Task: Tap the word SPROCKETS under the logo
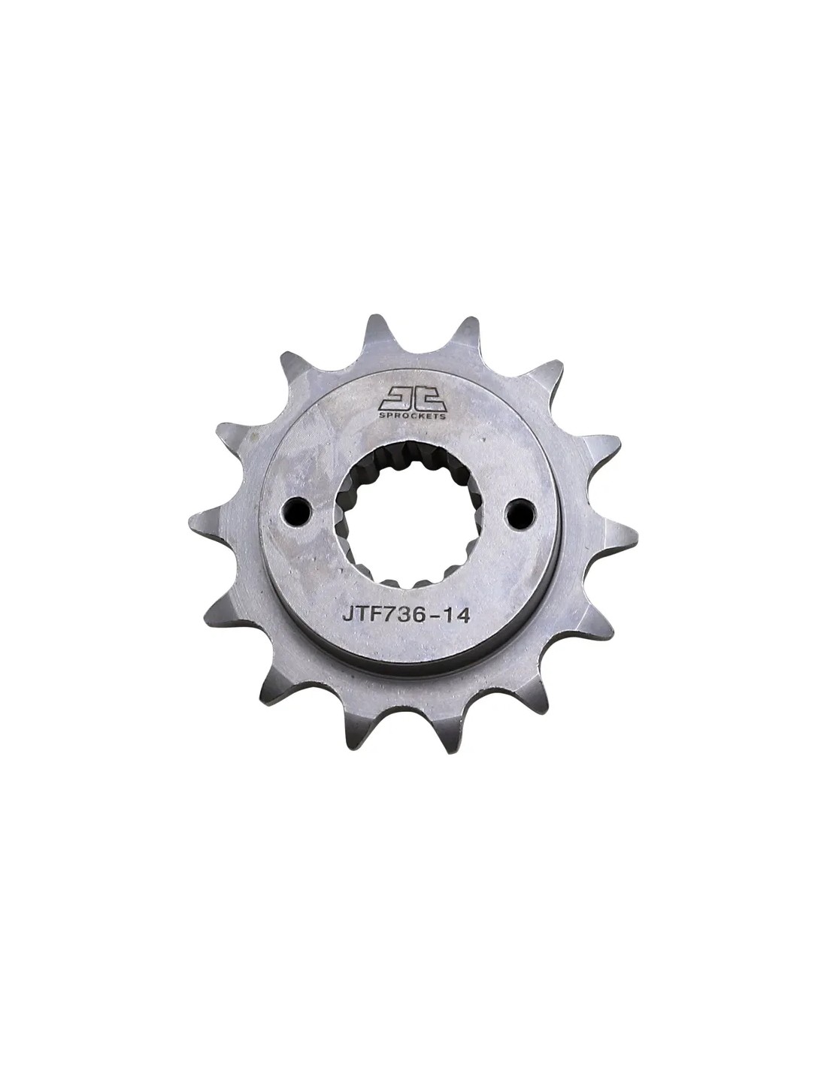pyautogui.click(x=412, y=416)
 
